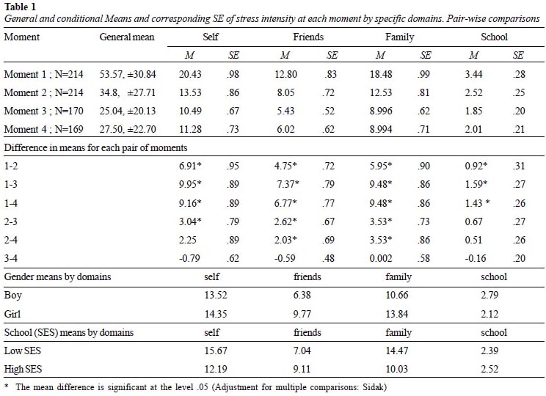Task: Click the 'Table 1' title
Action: [x=20, y=7]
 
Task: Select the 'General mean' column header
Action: [x=127, y=37]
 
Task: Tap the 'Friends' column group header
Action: [x=308, y=37]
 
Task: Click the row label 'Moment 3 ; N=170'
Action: [x=43, y=111]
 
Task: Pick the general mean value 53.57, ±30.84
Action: [x=128, y=74]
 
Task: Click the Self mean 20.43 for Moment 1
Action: [x=191, y=74]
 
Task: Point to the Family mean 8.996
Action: [x=381, y=111]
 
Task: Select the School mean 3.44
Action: [x=473, y=74]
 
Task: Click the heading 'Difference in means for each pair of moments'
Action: [x=95, y=148]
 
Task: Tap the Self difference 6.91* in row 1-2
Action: [x=191, y=166]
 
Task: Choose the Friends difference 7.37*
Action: [x=288, y=184]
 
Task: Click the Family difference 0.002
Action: [x=381, y=258]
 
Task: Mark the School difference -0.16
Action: [x=473, y=258]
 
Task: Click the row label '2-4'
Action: [x=11, y=240]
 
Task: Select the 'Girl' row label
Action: [x=12, y=314]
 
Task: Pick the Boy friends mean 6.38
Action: [x=302, y=295]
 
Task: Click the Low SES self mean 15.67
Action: [x=216, y=351]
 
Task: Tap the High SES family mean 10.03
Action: [x=396, y=369]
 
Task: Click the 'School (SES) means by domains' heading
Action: [x=69, y=332]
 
